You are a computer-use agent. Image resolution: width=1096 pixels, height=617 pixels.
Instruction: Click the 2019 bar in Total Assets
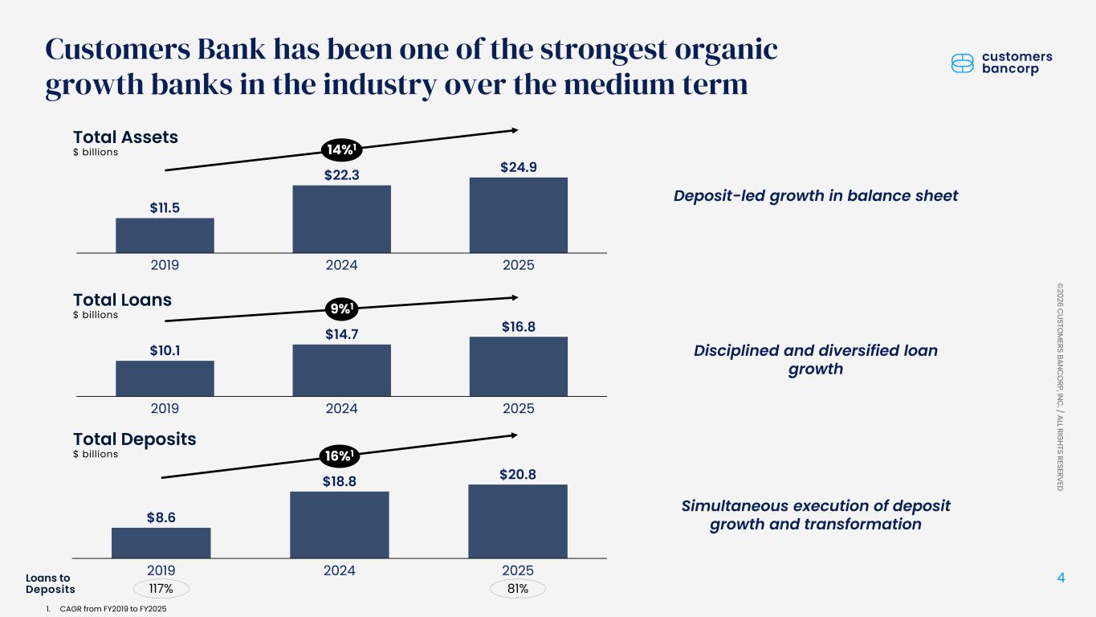[165, 235]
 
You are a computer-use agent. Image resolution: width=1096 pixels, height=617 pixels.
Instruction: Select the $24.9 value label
[519, 167]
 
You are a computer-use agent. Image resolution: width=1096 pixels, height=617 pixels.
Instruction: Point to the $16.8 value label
[519, 326]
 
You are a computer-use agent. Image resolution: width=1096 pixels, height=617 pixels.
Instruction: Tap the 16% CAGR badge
[340, 456]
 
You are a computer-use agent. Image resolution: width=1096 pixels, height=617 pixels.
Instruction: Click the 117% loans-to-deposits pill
[161, 589]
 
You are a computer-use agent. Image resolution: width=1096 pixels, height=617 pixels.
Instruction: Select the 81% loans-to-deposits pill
[518, 589]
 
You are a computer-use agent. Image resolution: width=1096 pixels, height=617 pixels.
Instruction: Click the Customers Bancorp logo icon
[962, 63]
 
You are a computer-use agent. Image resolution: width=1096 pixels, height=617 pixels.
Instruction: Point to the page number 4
[1061, 578]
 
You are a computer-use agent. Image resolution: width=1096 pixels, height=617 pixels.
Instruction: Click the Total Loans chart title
[122, 300]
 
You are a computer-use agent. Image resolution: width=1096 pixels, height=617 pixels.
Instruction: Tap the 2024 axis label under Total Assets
[341, 265]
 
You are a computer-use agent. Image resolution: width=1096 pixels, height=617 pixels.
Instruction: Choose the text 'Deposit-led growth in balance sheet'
[815, 196]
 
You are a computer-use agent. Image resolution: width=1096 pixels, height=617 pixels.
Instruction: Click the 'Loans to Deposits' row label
[50, 584]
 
